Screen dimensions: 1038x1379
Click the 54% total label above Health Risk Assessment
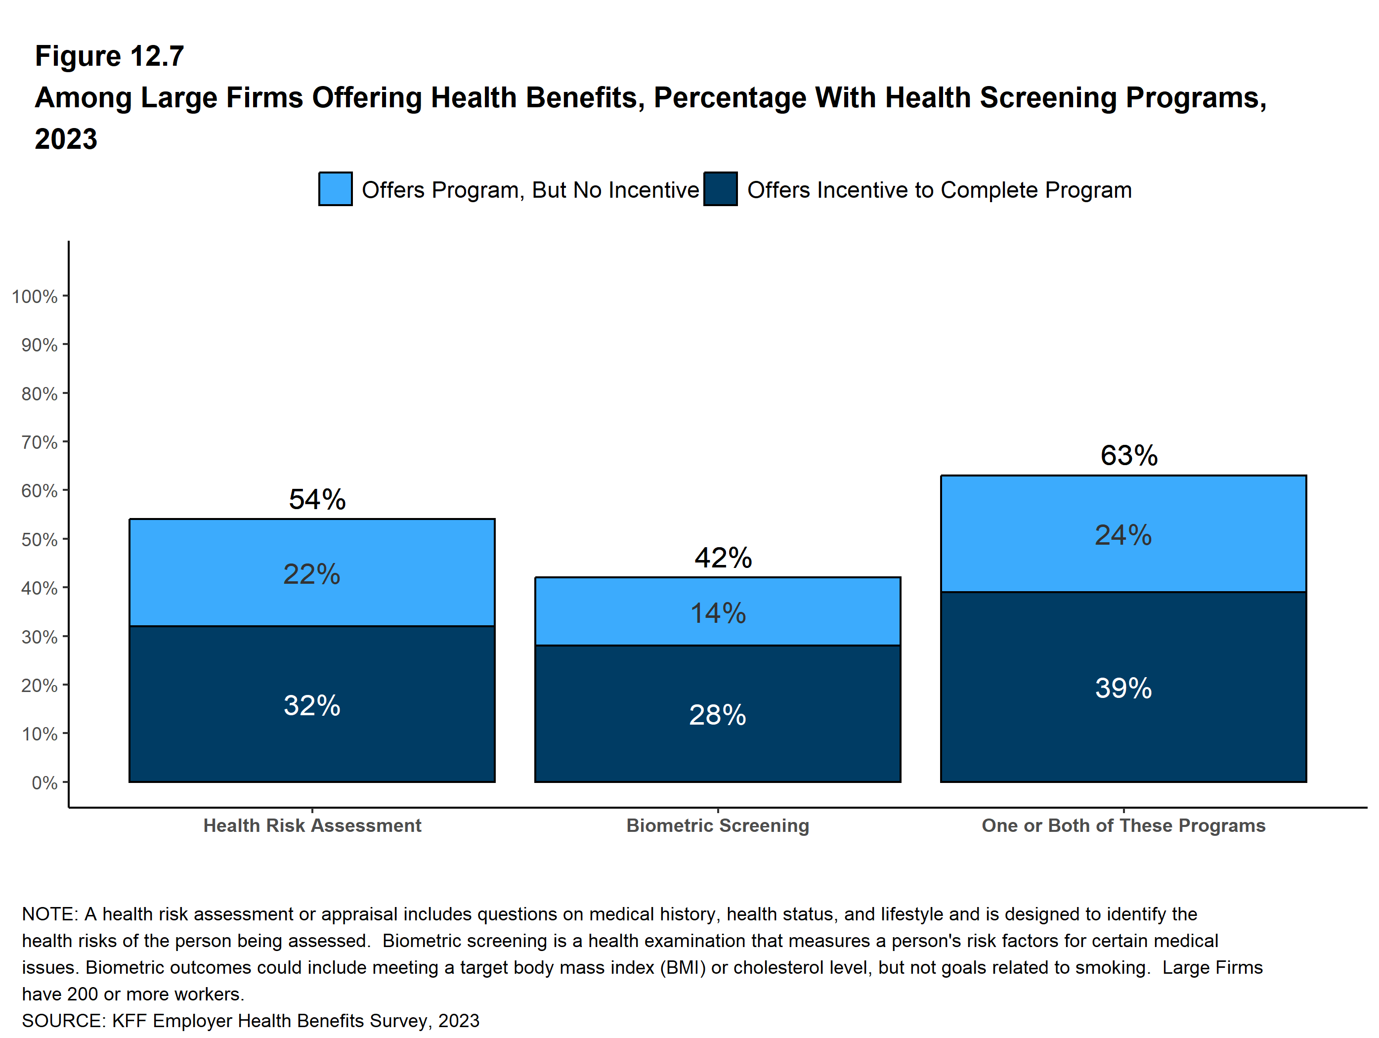click(317, 499)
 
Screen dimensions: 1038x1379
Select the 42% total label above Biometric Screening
click(723, 558)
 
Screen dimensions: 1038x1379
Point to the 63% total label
click(1128, 456)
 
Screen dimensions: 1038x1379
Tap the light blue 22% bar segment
click(312, 573)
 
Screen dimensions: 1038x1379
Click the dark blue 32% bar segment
click(312, 704)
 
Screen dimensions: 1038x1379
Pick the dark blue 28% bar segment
click(718, 714)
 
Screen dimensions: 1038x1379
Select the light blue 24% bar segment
click(1123, 534)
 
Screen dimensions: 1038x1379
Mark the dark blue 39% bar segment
click(1123, 688)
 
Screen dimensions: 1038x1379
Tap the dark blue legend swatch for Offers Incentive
click(720, 189)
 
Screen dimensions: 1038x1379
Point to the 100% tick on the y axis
click(35, 296)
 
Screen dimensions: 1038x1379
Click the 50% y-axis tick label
click(39, 539)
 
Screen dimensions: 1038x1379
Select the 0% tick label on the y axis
click(44, 782)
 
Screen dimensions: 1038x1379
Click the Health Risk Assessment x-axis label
click(312, 825)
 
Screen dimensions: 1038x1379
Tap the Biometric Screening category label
click(718, 825)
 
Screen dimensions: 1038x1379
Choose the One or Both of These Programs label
click(1123, 825)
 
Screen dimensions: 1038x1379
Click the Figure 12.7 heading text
click(109, 56)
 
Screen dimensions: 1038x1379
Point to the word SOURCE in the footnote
click(63, 1021)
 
